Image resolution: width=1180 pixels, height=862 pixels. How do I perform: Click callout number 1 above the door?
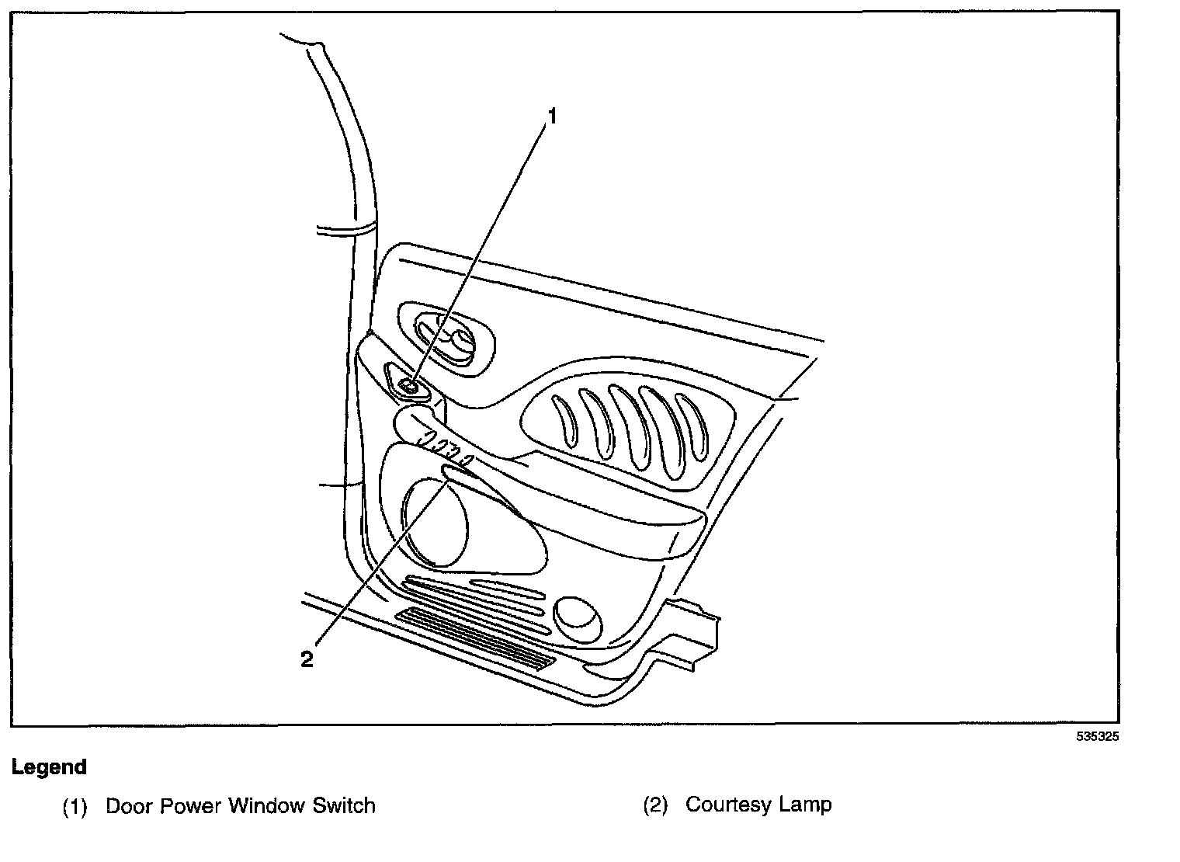[x=552, y=116]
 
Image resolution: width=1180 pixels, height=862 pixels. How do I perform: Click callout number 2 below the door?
[x=307, y=659]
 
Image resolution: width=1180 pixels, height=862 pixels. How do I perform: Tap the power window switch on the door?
[x=408, y=384]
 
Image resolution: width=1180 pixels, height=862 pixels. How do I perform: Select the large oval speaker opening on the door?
[x=435, y=523]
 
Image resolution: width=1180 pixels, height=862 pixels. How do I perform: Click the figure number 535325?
[x=1098, y=738]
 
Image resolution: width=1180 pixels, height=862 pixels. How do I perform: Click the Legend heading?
[x=49, y=767]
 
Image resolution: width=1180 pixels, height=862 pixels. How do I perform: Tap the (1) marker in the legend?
[x=75, y=806]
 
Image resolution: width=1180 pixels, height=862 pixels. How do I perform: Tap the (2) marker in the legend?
[x=655, y=805]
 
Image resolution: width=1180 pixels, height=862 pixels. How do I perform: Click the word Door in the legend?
[x=129, y=806]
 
